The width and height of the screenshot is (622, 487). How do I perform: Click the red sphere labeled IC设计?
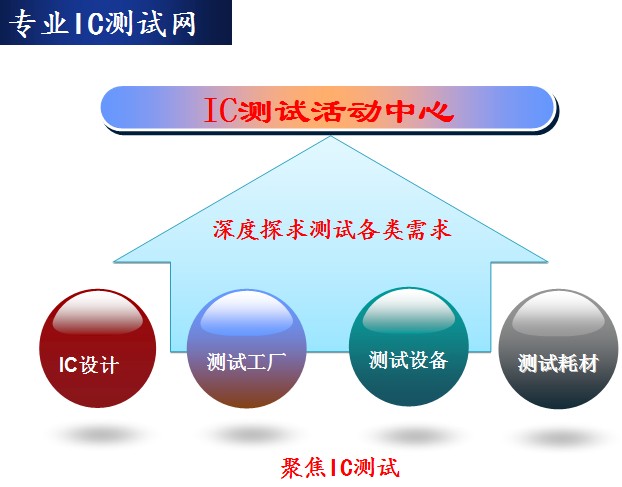click(x=98, y=348)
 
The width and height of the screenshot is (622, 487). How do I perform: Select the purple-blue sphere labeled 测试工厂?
click(x=246, y=348)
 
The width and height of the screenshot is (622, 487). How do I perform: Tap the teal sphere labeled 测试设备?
click(x=409, y=347)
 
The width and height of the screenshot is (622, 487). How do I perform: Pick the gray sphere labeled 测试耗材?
click(x=558, y=349)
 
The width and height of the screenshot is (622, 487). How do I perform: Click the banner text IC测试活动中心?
click(x=329, y=111)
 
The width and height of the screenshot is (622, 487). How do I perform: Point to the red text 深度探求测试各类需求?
click(x=332, y=230)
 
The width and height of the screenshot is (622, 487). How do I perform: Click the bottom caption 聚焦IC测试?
click(x=340, y=468)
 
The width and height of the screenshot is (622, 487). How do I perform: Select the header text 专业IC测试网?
click(x=102, y=24)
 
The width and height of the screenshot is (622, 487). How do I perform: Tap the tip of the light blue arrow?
click(x=331, y=136)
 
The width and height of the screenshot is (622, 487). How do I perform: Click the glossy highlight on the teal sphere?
click(x=409, y=311)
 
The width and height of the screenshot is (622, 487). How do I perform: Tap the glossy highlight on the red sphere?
click(x=98, y=314)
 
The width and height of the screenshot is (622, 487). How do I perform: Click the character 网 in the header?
click(x=184, y=24)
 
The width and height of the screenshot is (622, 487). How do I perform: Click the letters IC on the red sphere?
click(x=68, y=365)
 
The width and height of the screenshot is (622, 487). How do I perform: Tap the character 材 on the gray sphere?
click(x=588, y=363)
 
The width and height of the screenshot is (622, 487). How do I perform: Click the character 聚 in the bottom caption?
click(x=293, y=468)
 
